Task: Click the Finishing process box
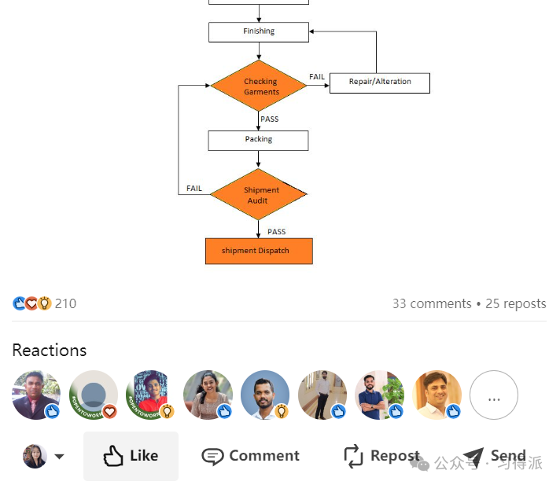[x=259, y=32]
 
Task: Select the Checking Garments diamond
[x=259, y=86]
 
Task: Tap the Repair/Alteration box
[x=380, y=83]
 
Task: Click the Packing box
[x=258, y=141]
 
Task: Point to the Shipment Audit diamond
[x=259, y=194]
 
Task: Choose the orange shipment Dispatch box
[x=259, y=252]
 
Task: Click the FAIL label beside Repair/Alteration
[x=317, y=77]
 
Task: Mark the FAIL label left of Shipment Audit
[x=194, y=188]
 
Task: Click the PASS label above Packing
[x=269, y=119]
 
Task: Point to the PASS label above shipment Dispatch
[x=276, y=232]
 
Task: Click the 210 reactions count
[x=65, y=303]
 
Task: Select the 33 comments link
[x=432, y=303]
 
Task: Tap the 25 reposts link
[x=516, y=303]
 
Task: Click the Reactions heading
[x=50, y=351]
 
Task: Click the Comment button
[x=251, y=456]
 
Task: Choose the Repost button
[x=381, y=456]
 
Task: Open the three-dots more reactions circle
[x=494, y=395]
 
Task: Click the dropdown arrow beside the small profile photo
[x=59, y=457]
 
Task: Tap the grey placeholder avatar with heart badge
[x=94, y=395]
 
